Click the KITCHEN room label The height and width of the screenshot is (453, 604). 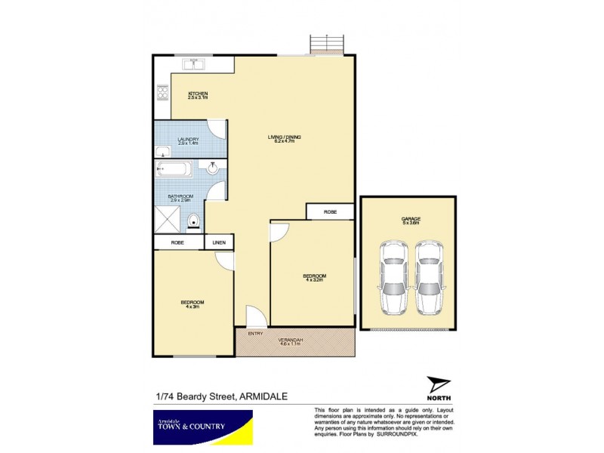[197, 95]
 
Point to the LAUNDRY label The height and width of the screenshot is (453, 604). [187, 140]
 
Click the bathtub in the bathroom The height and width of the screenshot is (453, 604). [175, 170]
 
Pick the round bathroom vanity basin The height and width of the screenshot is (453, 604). [214, 168]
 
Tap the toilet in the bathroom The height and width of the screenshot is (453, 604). [195, 221]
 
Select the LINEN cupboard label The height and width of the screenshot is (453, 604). [220, 242]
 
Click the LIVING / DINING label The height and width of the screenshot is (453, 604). [285, 138]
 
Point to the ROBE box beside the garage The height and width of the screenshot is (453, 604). [330, 212]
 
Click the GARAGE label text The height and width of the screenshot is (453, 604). [411, 220]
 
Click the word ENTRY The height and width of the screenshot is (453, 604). [256, 333]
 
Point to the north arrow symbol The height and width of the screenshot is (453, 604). [436, 384]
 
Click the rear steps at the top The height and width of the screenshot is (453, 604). [326, 45]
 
